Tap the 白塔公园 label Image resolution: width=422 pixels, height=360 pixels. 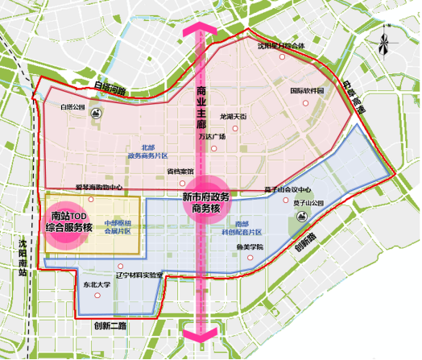click(x=72, y=106)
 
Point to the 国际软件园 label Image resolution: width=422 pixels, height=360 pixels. click(x=306, y=92)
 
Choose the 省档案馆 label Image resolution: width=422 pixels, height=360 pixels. click(x=180, y=172)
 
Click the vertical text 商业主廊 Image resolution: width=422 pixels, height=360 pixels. click(x=201, y=109)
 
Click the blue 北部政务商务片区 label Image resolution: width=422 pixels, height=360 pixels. click(x=147, y=151)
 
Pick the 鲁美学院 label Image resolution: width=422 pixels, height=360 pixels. click(x=250, y=246)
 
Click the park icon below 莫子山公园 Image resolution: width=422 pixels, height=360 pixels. click(x=300, y=216)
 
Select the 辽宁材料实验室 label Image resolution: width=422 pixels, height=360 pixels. click(x=139, y=275)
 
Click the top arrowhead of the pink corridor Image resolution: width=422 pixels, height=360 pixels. click(x=201, y=29)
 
